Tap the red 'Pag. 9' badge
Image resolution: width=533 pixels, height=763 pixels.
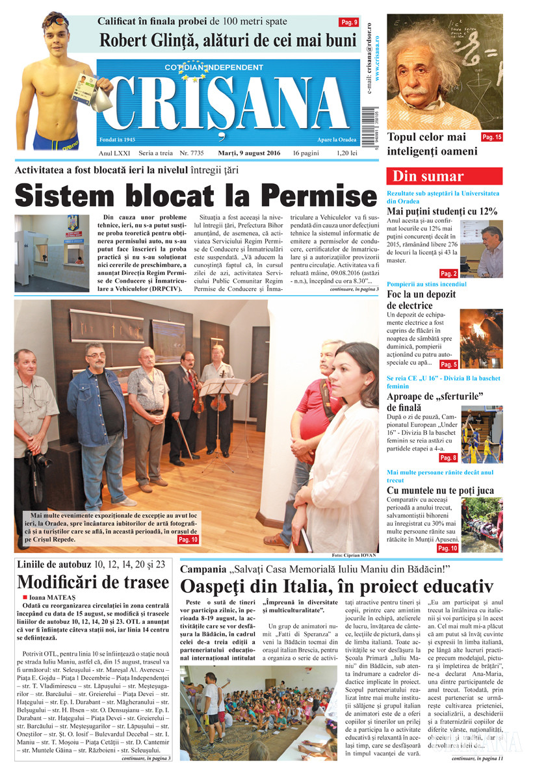tap(349, 23)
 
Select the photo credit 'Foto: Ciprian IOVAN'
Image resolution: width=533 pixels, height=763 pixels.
tap(354, 556)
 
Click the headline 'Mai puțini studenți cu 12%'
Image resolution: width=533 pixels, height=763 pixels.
tap(442, 211)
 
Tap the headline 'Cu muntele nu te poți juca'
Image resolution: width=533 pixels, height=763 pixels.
tap(440, 490)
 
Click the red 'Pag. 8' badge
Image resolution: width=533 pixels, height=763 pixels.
tap(448, 458)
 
